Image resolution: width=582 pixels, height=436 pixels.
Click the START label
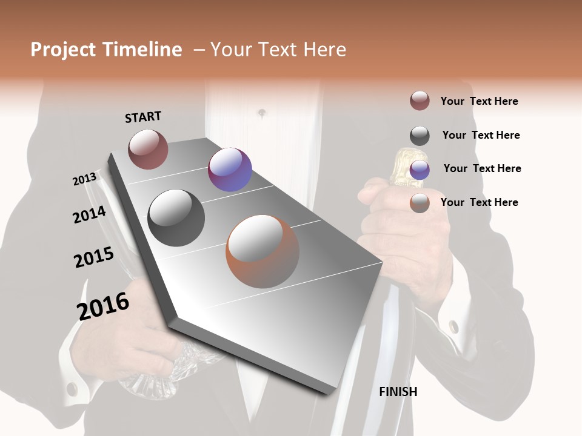[x=143, y=116]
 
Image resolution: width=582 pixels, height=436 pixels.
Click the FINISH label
[x=398, y=392]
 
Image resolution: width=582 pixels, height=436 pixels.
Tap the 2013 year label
[x=85, y=179]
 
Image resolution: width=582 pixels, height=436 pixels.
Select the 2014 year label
[x=90, y=214]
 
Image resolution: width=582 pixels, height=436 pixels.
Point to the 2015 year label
[x=94, y=257]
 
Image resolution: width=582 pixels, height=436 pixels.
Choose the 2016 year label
[x=104, y=306]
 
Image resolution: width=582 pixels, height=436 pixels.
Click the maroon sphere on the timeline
[x=148, y=149]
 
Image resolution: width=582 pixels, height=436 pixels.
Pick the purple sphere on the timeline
[x=230, y=170]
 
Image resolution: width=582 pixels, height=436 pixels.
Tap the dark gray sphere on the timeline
[x=176, y=218]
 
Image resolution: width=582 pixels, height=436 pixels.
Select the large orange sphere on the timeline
[x=263, y=251]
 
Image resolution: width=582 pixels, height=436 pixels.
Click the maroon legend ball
[x=420, y=101]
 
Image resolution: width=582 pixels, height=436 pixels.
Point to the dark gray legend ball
[x=420, y=136]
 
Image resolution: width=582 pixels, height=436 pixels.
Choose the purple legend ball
[x=420, y=170]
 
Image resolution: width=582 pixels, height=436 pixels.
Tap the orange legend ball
[x=420, y=203]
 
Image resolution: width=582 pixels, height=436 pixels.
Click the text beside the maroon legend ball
[x=479, y=101]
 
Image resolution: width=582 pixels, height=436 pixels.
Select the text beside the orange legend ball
[x=479, y=202]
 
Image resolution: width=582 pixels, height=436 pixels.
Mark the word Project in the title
[x=63, y=50]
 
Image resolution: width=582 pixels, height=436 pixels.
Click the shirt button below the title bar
[x=262, y=113]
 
